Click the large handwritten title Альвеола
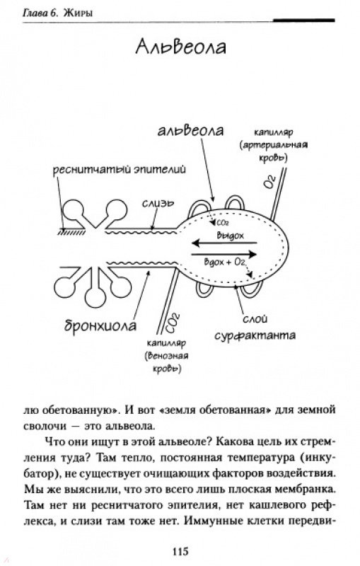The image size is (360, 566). click(181, 47)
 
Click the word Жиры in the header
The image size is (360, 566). click(78, 13)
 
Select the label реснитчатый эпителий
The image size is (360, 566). click(120, 169)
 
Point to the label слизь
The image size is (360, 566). click(158, 204)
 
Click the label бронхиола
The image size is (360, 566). click(100, 325)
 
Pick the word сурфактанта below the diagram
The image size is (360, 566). click(255, 335)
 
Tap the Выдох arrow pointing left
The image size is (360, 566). click(224, 243)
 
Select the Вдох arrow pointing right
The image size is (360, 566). click(224, 255)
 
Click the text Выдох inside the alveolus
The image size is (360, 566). click(230, 236)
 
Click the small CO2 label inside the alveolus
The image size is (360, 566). click(222, 223)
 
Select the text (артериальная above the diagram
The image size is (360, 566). click(274, 145)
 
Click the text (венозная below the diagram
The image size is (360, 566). click(167, 356)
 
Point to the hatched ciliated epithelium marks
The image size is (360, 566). click(71, 233)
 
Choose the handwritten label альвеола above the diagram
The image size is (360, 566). click(190, 131)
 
